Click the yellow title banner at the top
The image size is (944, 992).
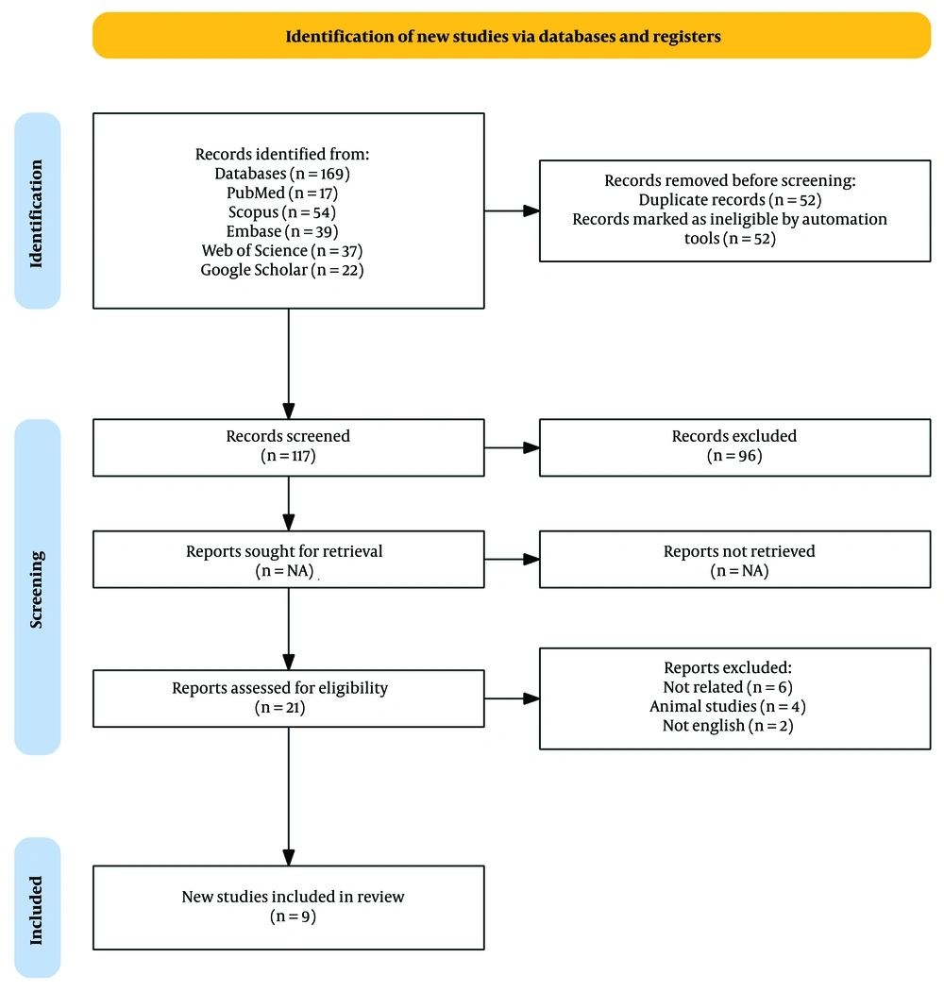(512, 36)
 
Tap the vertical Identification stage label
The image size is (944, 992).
(37, 213)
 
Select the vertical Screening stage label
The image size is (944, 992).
(37, 589)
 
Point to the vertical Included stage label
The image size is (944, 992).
(37, 911)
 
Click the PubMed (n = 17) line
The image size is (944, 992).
(282, 193)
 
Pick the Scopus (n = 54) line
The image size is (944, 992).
(282, 212)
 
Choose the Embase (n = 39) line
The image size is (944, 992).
(282, 231)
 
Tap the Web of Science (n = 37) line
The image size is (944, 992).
(282, 250)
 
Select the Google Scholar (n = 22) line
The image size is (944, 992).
(282, 270)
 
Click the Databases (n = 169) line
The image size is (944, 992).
(282, 174)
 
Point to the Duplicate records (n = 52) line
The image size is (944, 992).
(730, 200)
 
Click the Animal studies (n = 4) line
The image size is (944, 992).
(728, 706)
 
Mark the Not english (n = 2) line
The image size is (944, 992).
(728, 726)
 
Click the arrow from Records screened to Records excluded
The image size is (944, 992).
(512, 448)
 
